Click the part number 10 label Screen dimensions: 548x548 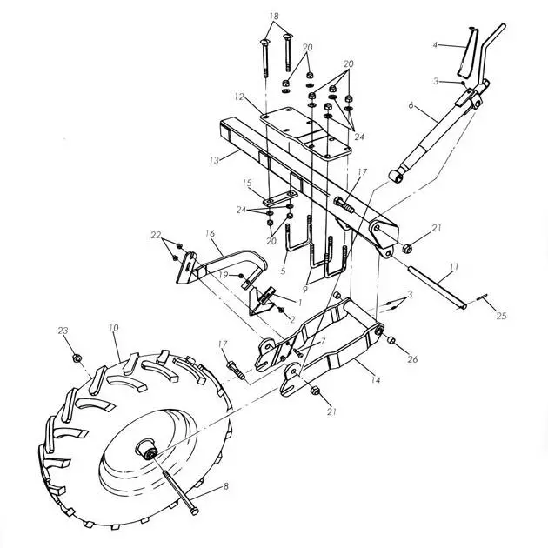tap(114, 328)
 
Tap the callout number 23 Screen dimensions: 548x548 tap(63, 331)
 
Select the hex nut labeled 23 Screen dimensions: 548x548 tap(77, 358)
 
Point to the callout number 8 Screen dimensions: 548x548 tap(226, 486)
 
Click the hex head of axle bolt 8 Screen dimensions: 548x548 tap(194, 511)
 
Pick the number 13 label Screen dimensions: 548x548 tap(214, 160)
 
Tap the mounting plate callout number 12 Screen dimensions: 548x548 tap(239, 97)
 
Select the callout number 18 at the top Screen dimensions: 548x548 tap(274, 16)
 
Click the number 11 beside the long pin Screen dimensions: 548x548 tap(453, 267)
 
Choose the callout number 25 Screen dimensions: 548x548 tap(502, 316)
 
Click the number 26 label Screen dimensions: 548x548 tap(413, 359)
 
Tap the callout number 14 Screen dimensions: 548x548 tap(376, 380)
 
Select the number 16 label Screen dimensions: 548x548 tap(210, 233)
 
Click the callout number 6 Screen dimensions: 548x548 tap(411, 105)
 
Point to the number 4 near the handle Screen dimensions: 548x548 tap(435, 45)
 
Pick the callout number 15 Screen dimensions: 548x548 tap(247, 184)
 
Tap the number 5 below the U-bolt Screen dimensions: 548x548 tap(283, 271)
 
